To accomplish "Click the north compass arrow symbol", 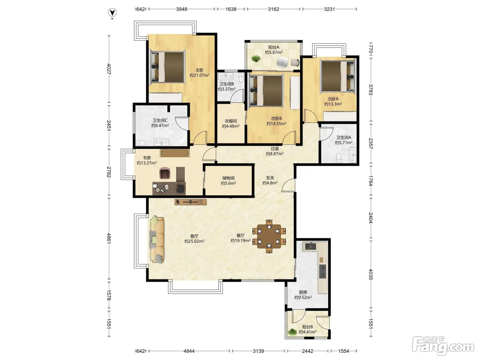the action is (x=112, y=13).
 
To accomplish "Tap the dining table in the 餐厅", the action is (x=269, y=236).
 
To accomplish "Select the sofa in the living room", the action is (x=157, y=239).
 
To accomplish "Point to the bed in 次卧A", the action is (x=338, y=76).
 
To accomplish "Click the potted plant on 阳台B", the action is (x=292, y=332).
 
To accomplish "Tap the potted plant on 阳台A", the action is (x=256, y=59).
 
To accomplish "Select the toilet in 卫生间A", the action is (x=339, y=157).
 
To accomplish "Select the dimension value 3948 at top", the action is (x=181, y=9).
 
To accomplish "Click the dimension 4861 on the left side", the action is (x=109, y=239).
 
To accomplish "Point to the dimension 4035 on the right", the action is (x=370, y=274).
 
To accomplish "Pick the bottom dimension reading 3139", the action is (x=258, y=351).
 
